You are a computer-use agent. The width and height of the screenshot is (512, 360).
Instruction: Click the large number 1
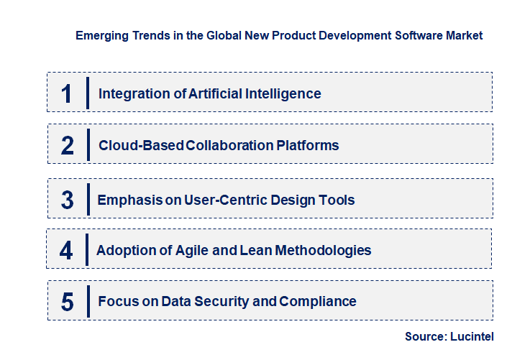(x=67, y=93)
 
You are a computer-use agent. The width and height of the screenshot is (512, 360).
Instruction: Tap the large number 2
(x=68, y=146)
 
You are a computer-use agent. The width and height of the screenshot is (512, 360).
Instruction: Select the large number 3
(x=68, y=200)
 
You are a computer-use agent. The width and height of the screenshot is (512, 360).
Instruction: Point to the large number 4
(x=67, y=251)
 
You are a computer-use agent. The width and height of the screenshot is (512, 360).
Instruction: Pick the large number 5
(x=68, y=302)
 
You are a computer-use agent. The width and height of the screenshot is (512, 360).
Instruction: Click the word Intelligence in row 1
(x=285, y=93)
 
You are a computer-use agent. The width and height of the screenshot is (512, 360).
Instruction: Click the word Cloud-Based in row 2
(x=140, y=146)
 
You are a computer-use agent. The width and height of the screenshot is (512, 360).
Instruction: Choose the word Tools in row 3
(x=337, y=200)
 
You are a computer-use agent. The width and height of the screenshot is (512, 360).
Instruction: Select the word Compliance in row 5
(x=318, y=302)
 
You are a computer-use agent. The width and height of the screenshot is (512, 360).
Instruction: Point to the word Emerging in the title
(x=99, y=35)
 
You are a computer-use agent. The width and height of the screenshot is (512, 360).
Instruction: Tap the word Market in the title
(x=462, y=35)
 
